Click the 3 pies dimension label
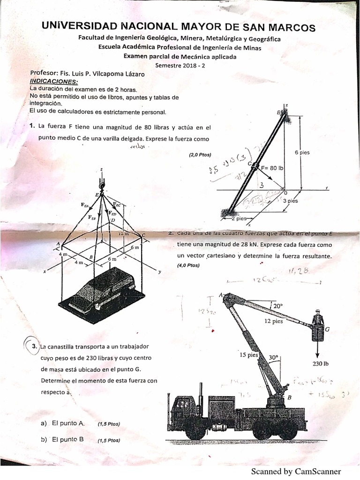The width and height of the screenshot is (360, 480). click(x=291, y=201)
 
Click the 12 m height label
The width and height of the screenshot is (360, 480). click(x=123, y=233)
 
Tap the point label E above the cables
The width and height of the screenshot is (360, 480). click(x=97, y=195)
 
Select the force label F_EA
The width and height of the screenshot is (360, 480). click(x=86, y=205)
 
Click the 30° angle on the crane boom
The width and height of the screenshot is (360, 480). click(x=273, y=357)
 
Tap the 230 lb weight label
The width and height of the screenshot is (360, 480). click(x=320, y=363)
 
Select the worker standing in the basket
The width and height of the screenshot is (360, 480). click(x=317, y=317)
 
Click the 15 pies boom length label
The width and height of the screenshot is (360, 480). click(x=249, y=355)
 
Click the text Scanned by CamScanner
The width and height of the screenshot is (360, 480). click(x=296, y=471)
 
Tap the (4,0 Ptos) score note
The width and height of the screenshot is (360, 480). click(x=188, y=265)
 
